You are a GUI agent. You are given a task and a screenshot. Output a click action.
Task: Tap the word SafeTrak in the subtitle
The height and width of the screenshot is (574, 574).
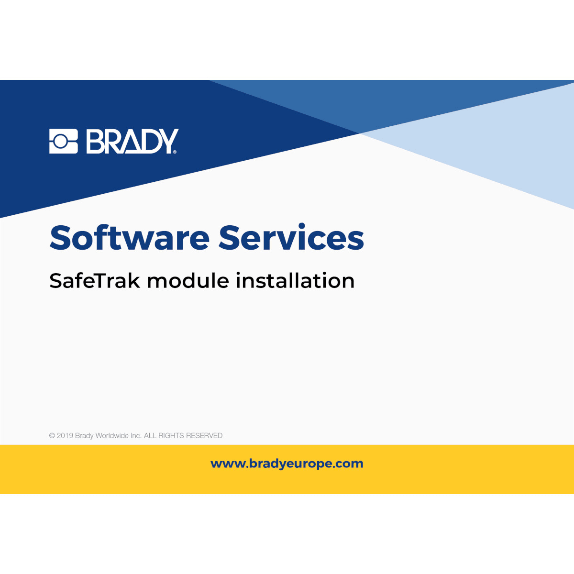[95, 280]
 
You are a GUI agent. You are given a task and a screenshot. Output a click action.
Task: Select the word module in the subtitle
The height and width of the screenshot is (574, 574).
[188, 280]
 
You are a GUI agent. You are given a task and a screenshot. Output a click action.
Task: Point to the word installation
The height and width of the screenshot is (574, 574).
[295, 280]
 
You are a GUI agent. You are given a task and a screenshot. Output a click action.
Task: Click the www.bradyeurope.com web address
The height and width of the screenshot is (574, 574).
[287, 464]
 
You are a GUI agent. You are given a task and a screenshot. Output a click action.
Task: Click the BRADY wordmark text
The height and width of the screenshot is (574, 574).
[132, 141]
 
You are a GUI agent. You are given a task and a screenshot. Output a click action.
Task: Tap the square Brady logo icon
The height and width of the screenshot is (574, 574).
[63, 141]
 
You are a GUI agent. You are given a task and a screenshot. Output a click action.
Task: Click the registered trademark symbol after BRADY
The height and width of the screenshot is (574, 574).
[175, 152]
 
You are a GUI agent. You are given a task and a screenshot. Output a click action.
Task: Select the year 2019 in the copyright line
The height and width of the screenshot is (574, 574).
[65, 436]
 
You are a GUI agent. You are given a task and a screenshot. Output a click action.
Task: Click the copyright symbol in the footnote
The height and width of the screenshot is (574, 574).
[52, 436]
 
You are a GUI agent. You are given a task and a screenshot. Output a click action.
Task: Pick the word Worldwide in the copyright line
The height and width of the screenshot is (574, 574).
[112, 436]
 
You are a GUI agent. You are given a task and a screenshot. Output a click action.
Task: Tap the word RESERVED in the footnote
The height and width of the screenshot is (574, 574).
[204, 436]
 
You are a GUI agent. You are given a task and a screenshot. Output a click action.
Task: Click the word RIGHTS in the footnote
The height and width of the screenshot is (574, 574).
[171, 436]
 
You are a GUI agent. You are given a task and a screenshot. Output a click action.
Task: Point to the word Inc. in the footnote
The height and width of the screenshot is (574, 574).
[136, 436]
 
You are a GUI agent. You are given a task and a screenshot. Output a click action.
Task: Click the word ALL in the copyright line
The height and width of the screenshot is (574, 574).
[150, 436]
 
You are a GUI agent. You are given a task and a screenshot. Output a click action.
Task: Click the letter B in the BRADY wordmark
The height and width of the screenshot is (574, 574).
[95, 141]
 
